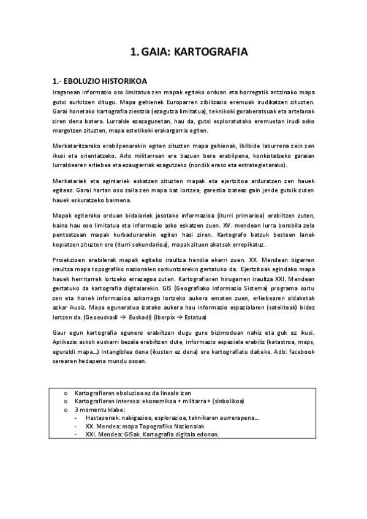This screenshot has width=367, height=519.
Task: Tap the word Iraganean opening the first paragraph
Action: [67, 91]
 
